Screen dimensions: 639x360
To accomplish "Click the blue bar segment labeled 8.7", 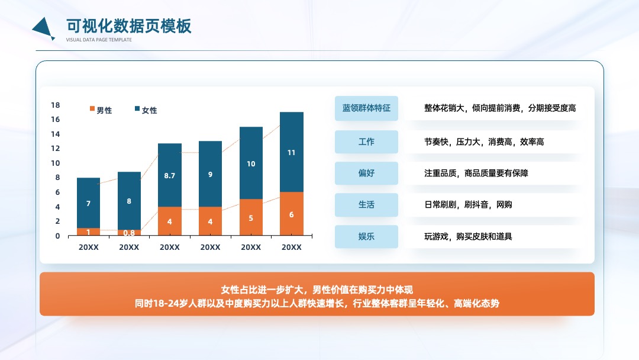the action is point(170,175).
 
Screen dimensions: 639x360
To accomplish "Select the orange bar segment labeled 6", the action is point(291,214).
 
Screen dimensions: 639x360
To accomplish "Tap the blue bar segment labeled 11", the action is point(291,152).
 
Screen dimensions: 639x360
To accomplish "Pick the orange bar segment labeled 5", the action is point(251,217).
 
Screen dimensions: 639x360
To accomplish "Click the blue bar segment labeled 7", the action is point(88,202).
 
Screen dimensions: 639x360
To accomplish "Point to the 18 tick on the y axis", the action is point(56,105).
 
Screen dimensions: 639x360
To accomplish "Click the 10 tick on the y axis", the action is point(56,163).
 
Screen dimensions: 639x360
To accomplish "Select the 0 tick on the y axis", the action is point(57,236).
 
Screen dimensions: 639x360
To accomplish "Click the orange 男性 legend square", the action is point(92,108).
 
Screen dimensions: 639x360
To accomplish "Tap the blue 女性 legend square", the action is point(137,108).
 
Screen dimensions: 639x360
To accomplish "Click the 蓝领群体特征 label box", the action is point(366,108).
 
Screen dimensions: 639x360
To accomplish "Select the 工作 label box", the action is point(366,142).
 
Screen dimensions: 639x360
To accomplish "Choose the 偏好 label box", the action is point(366,173).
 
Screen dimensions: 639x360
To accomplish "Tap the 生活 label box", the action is point(366,205).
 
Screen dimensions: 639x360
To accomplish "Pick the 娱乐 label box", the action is point(366,236).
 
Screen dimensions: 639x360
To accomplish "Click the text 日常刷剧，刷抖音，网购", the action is point(468,205).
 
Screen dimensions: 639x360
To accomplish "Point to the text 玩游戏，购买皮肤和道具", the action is point(468,236).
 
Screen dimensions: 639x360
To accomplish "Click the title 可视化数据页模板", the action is point(129,26).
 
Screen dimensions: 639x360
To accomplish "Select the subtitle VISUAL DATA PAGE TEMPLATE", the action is point(99,40).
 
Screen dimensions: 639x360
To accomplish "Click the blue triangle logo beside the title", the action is point(43,29).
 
